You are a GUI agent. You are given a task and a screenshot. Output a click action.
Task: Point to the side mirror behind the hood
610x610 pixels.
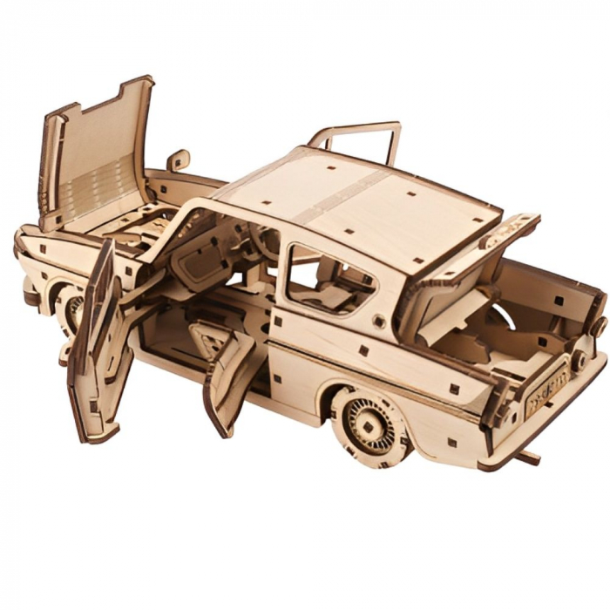coord(179,160)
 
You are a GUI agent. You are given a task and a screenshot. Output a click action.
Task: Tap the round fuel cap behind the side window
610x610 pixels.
coord(379,321)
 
